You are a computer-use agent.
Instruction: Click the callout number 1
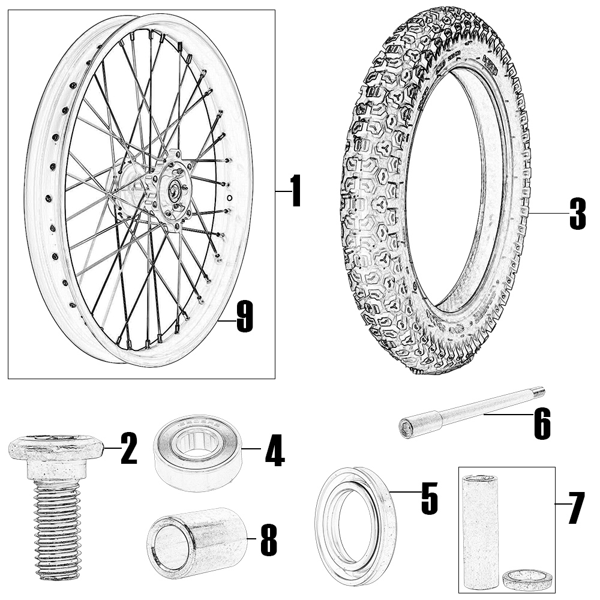295,191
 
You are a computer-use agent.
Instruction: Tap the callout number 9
245,316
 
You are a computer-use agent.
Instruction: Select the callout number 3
577,214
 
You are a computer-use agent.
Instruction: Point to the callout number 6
542,423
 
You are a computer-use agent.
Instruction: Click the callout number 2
128,448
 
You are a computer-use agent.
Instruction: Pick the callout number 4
275,450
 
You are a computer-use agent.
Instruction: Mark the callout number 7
576,508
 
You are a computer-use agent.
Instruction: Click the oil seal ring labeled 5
356,529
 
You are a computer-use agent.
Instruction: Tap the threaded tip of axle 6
540,392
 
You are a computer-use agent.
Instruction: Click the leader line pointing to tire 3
547,213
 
